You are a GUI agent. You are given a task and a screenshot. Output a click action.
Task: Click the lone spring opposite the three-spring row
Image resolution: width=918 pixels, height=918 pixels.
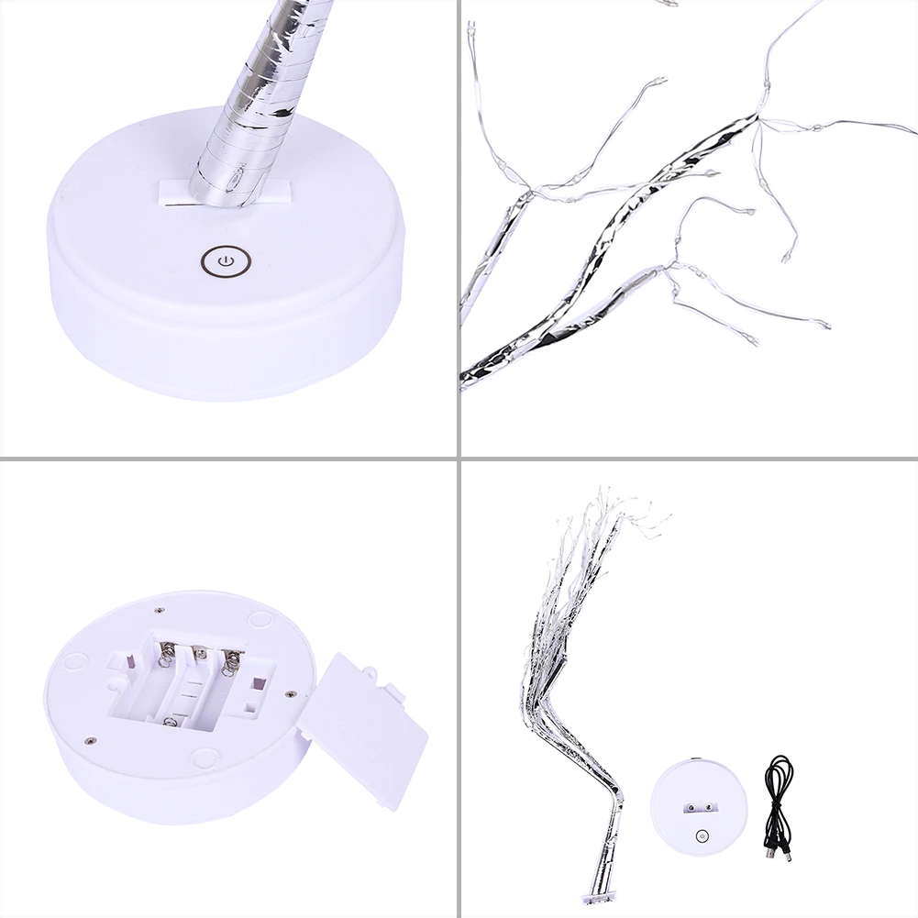[170, 724]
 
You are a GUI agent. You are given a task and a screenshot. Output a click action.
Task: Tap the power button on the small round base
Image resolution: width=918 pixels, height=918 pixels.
[702, 835]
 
